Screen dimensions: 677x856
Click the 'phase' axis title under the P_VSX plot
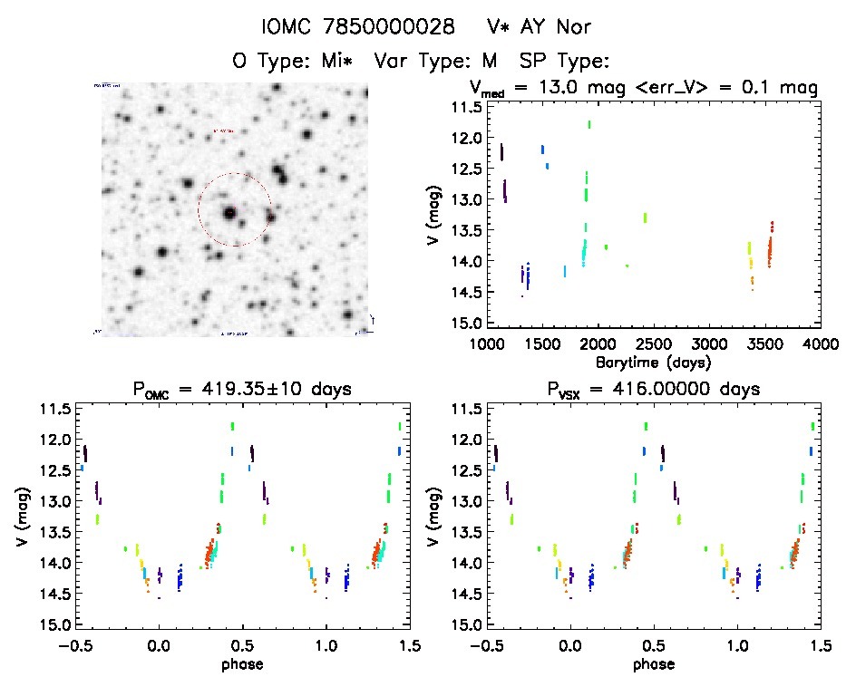(655, 663)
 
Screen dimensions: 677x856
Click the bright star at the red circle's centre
(229, 213)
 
